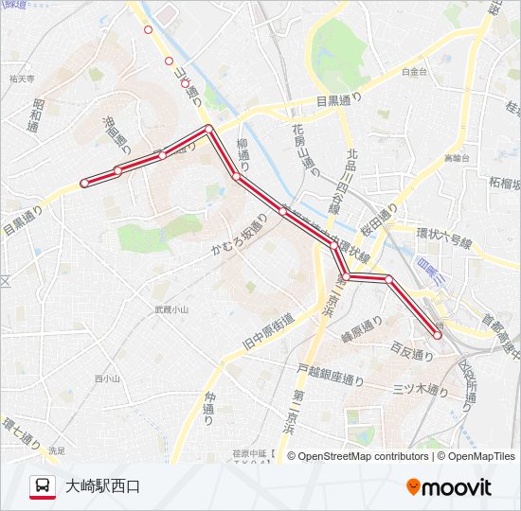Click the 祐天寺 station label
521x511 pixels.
pos(21,79)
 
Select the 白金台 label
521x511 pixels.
pos(414,71)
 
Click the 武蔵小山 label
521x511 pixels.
pos(171,308)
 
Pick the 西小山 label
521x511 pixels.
pos(107,379)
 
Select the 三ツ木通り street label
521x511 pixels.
pos(420,389)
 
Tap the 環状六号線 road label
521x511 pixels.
pos(443,236)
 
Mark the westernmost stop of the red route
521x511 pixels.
pos(84,183)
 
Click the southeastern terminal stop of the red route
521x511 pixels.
pos(438,334)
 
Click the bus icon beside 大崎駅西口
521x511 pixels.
pos(43,486)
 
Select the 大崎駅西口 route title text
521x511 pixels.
pos(102,487)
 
